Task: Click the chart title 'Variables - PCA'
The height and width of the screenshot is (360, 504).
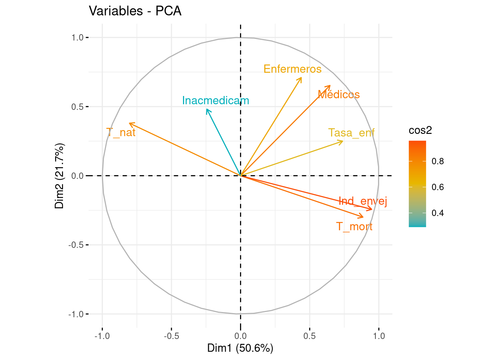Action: coord(135,11)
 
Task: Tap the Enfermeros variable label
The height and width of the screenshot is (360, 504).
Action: coord(292,69)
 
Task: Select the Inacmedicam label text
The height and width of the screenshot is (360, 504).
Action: coord(216,100)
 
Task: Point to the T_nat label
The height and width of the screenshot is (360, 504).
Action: coord(121,132)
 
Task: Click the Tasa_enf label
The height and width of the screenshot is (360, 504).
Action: coord(351,133)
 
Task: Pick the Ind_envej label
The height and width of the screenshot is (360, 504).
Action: coord(363,201)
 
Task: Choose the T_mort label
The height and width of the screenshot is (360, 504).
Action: coord(354,226)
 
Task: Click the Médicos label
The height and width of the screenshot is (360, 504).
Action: coord(339,94)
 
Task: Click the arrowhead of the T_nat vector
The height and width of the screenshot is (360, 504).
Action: coord(129,123)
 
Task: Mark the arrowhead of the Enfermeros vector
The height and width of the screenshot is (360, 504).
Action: coord(301,78)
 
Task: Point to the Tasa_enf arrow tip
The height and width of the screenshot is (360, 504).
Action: coord(342,141)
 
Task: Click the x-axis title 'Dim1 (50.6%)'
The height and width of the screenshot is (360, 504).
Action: coord(240,348)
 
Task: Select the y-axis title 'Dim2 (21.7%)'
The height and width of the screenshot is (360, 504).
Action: coord(60,175)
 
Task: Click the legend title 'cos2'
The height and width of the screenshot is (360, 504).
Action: coord(420,130)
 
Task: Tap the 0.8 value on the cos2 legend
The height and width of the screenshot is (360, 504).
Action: coord(438,161)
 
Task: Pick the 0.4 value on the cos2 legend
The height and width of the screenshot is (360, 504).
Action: coord(438,213)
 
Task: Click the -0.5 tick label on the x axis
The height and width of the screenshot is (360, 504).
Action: coord(171,336)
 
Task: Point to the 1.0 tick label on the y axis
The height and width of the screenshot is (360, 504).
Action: coord(78,37)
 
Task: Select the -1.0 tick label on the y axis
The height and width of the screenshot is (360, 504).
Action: coord(76,314)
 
